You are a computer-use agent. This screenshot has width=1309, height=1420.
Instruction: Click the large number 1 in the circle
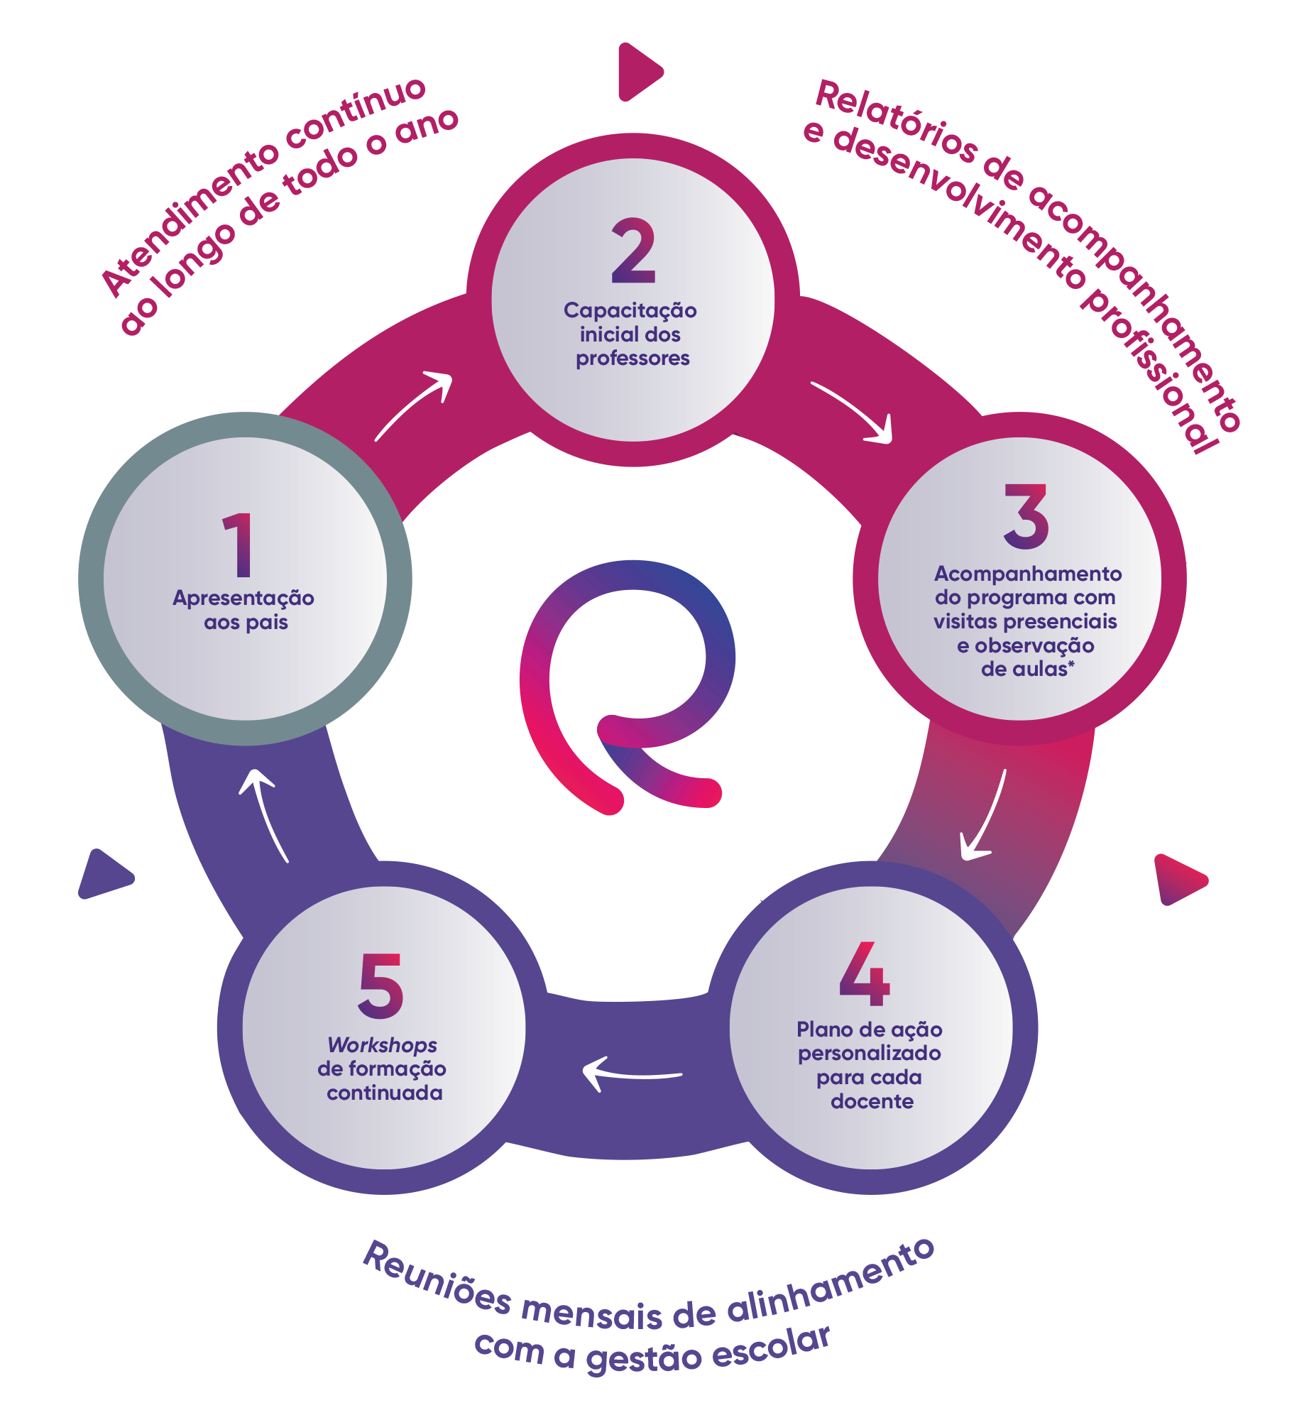239,545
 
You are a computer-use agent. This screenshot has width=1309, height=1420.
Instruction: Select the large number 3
1026,516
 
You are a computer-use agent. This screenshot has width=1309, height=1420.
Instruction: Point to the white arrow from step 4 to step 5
630,1074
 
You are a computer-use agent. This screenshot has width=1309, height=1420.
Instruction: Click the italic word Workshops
382,1045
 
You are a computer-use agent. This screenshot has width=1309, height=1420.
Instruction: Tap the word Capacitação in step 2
630,311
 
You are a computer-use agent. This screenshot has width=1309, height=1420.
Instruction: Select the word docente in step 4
872,1101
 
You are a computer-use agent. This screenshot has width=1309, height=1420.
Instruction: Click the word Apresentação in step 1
243,599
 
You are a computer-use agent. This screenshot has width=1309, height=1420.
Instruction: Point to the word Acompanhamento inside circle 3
1028,574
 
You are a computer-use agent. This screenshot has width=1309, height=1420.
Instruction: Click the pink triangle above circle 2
638,72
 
